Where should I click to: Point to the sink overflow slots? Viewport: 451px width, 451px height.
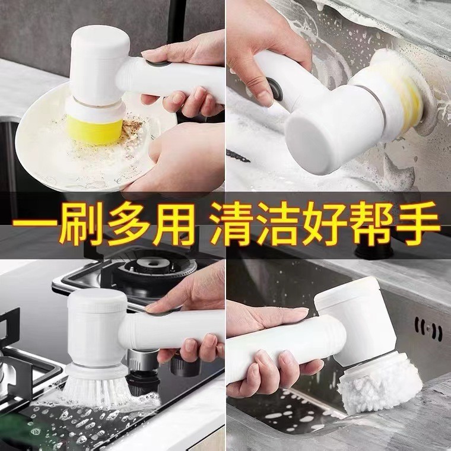coord(428,326)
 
